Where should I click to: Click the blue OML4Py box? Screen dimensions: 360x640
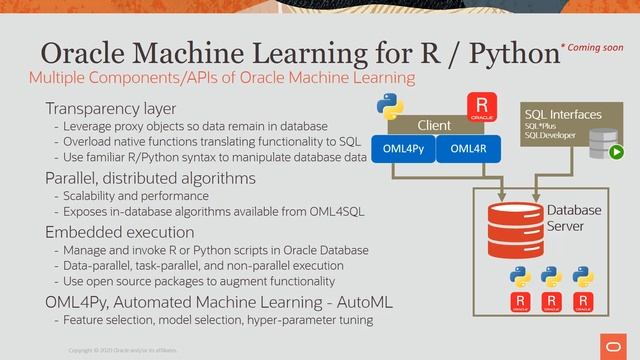403,150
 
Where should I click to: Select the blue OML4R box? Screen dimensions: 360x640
468,150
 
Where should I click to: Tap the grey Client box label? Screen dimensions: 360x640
434,126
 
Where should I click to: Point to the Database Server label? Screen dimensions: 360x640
574,219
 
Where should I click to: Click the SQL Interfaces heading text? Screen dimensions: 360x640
563,115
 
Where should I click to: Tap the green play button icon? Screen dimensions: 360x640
617,153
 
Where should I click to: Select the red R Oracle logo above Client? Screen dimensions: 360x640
482,106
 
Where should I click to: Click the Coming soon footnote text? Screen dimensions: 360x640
593,47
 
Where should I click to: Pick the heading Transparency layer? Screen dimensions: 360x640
110,108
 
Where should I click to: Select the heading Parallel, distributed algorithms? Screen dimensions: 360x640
150,178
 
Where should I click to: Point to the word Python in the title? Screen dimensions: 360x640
499,55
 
